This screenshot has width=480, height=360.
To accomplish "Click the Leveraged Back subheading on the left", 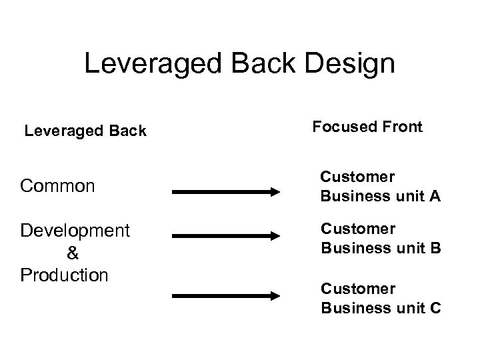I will pos(85,131).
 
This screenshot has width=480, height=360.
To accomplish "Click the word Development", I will pos(75,231).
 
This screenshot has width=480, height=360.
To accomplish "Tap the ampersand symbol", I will pos(73,253).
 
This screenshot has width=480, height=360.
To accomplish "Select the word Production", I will pos(64,275).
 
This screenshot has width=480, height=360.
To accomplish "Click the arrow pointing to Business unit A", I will pos(226,192).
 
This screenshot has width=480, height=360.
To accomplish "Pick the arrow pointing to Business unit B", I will pos(226,235).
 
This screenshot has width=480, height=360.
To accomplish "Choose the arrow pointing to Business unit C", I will pos(226,295).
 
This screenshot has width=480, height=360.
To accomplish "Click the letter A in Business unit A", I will pos(435,196).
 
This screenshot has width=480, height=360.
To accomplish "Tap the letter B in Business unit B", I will pos(435,249).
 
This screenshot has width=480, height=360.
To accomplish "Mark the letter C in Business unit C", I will pos(435,309).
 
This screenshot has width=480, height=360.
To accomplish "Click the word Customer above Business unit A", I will pos(357,177).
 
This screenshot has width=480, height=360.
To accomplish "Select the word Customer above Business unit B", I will pos(358,229).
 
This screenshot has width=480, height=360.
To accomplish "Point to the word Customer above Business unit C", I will pos(358,289).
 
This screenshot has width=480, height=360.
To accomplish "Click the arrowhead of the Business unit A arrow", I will pos(274,192).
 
